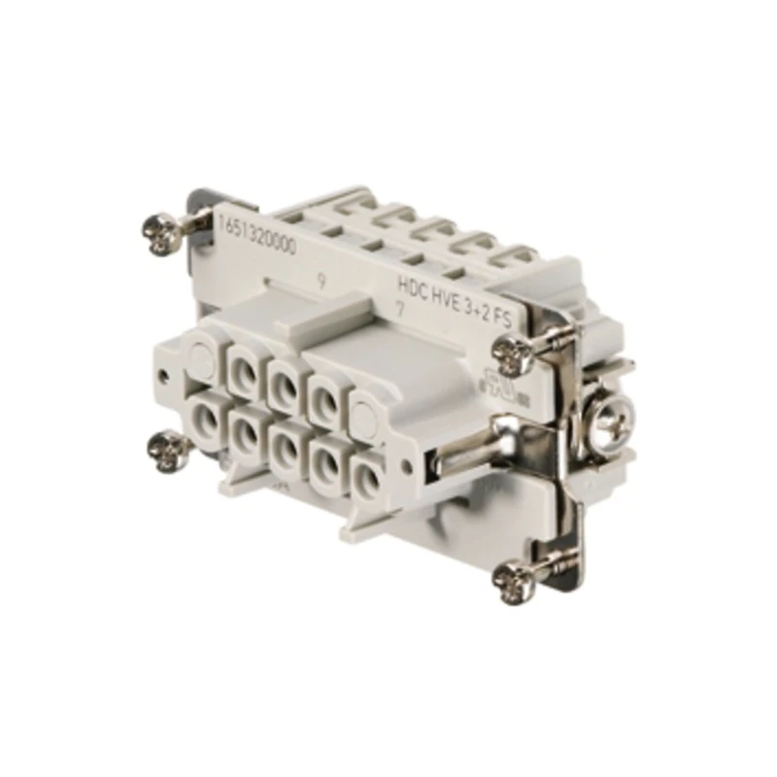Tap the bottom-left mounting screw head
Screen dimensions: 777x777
(168, 448)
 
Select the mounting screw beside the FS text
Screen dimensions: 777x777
(513, 354)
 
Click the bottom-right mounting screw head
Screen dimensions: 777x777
(513, 580)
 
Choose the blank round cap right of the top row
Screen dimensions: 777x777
(363, 418)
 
